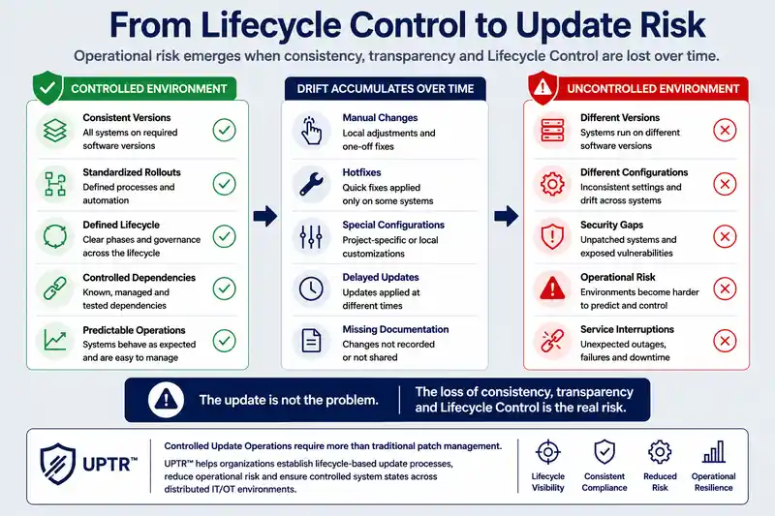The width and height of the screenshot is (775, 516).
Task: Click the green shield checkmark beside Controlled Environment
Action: click(x=47, y=87)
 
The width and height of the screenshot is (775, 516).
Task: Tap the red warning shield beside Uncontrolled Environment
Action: click(x=542, y=87)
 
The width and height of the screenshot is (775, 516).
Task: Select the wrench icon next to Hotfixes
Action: click(x=311, y=184)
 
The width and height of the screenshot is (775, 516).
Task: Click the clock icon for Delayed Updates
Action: click(x=311, y=288)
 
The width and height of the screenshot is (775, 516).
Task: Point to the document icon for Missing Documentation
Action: click(x=311, y=341)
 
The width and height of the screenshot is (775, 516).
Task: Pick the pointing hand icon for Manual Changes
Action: click(x=311, y=131)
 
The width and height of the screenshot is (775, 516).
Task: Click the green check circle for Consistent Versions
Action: click(x=225, y=131)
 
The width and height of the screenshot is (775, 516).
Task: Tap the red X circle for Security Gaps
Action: click(x=725, y=236)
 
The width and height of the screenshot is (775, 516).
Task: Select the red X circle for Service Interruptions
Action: click(x=725, y=341)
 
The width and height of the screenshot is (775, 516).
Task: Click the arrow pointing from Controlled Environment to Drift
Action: click(x=265, y=216)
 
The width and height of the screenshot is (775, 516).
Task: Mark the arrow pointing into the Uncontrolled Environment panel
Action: click(x=507, y=216)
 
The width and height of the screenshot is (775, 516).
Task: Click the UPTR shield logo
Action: click(x=58, y=464)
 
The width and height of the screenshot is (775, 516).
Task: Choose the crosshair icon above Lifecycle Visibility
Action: click(x=548, y=452)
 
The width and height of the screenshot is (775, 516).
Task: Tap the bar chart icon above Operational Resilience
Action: click(x=714, y=452)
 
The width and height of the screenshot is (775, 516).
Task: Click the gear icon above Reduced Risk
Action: click(x=660, y=452)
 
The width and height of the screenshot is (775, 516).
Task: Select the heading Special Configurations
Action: click(x=393, y=225)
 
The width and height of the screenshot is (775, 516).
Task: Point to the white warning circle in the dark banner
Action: click(x=166, y=400)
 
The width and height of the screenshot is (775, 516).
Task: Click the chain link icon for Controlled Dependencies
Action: click(x=55, y=288)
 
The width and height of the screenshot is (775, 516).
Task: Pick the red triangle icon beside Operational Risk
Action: click(x=552, y=288)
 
